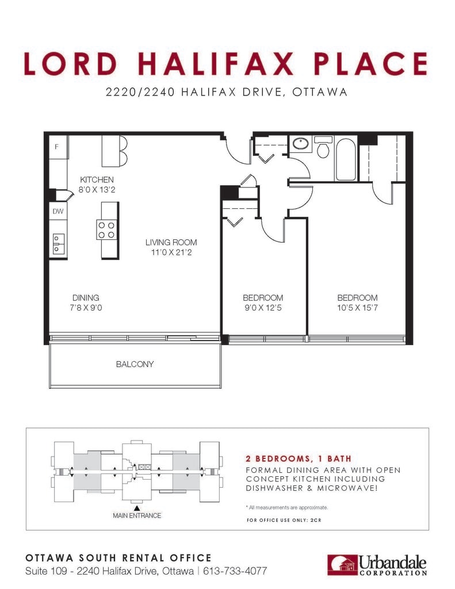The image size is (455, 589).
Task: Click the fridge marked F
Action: [x=59, y=147]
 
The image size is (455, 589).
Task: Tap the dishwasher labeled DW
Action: [x=58, y=212]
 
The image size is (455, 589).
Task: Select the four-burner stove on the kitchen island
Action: [x=106, y=230]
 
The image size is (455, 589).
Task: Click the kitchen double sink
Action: [x=58, y=244]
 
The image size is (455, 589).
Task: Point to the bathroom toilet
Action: [x=323, y=147]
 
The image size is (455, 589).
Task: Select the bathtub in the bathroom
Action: [x=346, y=159]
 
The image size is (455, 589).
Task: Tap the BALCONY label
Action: [x=135, y=364]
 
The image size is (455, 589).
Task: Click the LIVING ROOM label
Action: [x=171, y=242]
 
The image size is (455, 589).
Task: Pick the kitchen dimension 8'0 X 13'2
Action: [x=97, y=190]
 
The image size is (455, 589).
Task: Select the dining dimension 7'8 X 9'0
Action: [x=86, y=308]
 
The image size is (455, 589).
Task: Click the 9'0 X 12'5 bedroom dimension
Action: [x=263, y=308]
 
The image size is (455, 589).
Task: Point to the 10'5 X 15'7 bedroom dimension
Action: [x=357, y=308]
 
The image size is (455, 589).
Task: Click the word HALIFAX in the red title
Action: [x=216, y=63]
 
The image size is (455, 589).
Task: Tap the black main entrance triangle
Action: [x=137, y=508]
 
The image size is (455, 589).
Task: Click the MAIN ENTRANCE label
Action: [x=137, y=516]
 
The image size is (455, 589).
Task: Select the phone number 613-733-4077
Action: [x=235, y=571]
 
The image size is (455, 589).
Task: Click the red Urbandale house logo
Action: [x=342, y=565]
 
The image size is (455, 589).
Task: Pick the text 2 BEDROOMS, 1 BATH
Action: [x=299, y=458]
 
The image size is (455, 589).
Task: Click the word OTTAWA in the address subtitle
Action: [x=320, y=92]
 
